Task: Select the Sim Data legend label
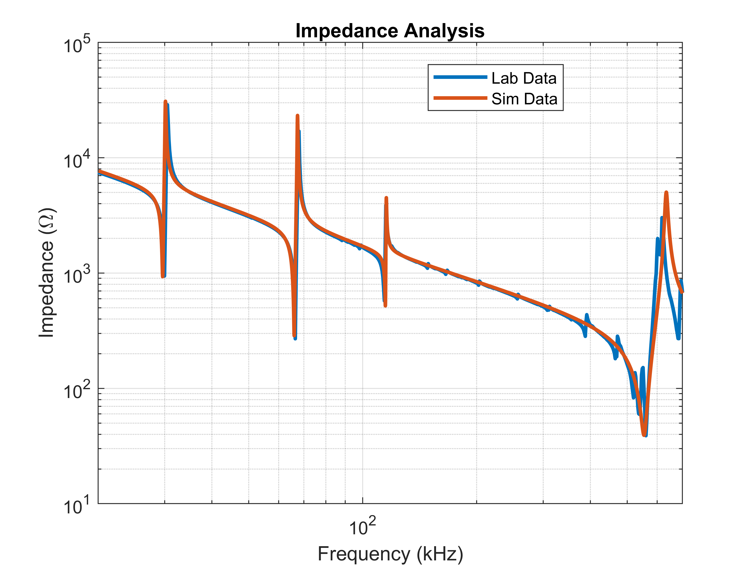pyautogui.click(x=524, y=99)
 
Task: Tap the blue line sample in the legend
pyautogui.click(x=460, y=77)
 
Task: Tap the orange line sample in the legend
pyautogui.click(x=460, y=98)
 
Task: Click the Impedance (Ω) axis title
pyautogui.click(x=47, y=273)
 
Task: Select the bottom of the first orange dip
pyautogui.click(x=163, y=277)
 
